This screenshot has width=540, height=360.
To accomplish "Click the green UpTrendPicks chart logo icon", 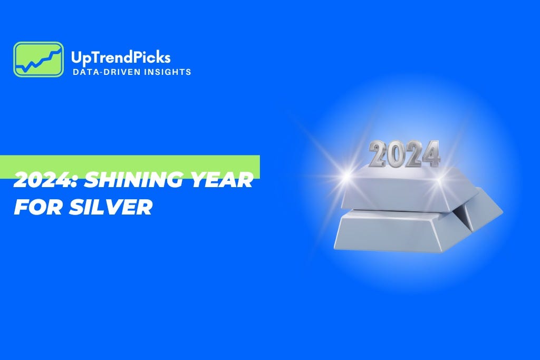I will coord(38,59).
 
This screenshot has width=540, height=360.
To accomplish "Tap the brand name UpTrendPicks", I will coord(120,57).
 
